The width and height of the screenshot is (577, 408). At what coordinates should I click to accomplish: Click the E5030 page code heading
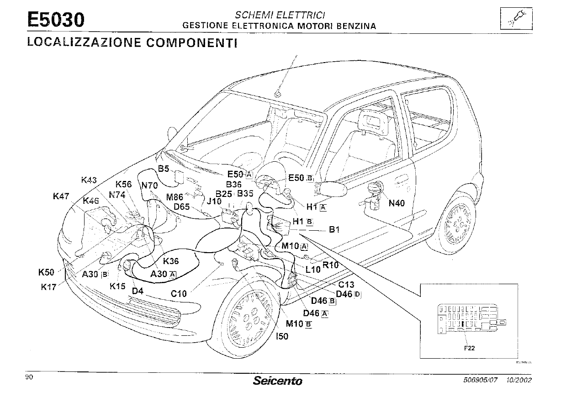[56, 20]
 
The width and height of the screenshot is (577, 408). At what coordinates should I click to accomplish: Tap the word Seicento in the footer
[277, 380]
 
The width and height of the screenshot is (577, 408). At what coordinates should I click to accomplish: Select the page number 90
[29, 377]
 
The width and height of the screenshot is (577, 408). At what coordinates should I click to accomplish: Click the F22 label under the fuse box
[469, 348]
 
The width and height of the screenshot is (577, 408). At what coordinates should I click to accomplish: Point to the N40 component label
[397, 203]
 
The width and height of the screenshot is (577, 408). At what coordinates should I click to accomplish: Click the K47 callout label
[61, 196]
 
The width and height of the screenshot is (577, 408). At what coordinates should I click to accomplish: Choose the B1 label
[334, 229]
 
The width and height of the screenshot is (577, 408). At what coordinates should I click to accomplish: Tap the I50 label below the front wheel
[283, 337]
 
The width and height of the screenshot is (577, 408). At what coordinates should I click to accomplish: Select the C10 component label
[179, 294]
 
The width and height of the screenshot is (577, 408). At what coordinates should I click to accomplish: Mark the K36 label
[171, 261]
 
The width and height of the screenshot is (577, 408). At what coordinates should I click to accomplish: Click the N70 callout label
[149, 185]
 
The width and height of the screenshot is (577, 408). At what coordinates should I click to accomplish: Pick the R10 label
[330, 265]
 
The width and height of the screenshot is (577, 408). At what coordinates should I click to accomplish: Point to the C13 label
[346, 285]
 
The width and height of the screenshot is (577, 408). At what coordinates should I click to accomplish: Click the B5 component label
[164, 169]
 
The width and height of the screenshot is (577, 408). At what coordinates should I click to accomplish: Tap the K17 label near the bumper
[48, 287]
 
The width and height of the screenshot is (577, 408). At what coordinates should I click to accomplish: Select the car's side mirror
[331, 188]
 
